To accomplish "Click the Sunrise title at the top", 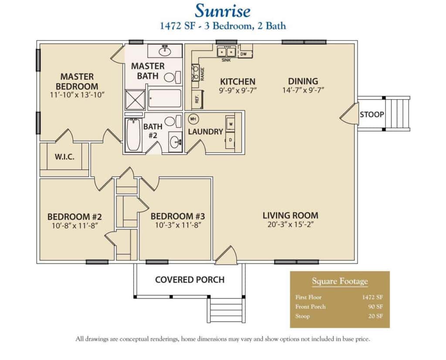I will (223, 10).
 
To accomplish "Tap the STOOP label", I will (372, 114).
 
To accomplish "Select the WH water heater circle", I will (192, 119).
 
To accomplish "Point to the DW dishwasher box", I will (244, 54).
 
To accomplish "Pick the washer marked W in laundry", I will (230, 123).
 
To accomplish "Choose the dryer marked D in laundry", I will (230, 140).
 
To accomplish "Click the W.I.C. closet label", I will (64, 157).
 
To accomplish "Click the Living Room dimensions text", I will (291, 225).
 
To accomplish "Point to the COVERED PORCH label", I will (190, 279).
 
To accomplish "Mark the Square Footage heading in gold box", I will (340, 281).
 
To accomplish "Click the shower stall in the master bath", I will (135, 99).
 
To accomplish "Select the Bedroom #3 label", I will (178, 216).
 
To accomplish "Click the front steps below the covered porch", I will (226, 310).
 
